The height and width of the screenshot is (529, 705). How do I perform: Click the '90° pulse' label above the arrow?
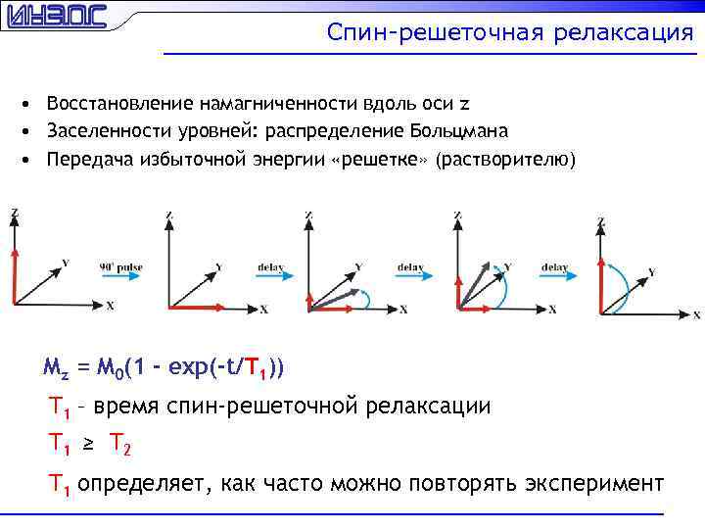120,265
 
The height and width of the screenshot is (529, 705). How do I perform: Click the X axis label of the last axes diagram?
696,315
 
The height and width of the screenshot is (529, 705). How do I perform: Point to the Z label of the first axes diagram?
14,213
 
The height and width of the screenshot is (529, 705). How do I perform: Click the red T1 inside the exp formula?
257,368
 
